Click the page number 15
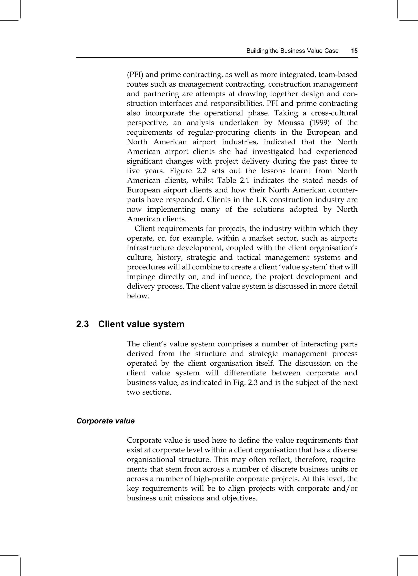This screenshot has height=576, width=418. [354, 51]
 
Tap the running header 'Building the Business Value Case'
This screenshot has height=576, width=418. [292, 51]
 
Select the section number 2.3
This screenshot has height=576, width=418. [82, 324]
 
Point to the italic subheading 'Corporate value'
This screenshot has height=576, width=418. [105, 421]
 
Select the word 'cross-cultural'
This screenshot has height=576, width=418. [334, 113]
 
